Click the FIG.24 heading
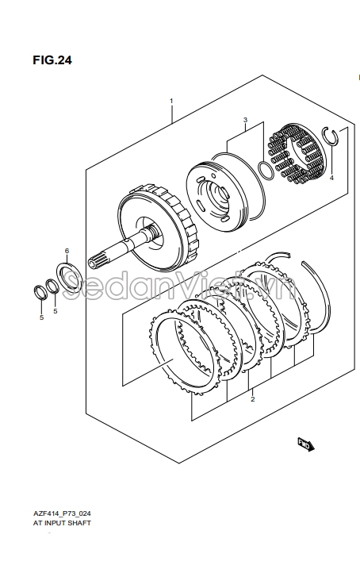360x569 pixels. click(52, 60)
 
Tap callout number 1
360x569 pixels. click(171, 101)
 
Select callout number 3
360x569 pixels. click(245, 120)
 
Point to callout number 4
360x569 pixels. click(331, 178)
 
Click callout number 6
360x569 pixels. click(67, 251)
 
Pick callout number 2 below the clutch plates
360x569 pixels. click(253, 399)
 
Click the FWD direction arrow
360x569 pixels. click(305, 444)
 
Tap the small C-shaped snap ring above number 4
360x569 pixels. click(331, 136)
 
